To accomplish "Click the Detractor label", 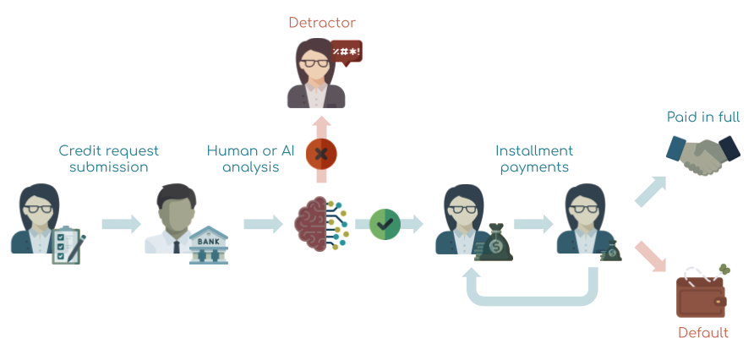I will coord(322,23).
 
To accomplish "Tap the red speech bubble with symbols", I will coord(347,54).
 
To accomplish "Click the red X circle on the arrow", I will coord(321,154).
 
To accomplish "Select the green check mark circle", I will coord(385,224).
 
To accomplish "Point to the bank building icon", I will coord(208,244).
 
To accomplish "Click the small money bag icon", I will coord(612,250).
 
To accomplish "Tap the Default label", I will coord(702,333).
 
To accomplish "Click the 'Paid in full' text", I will coord(702,117).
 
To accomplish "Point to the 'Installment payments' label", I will coord(534,159).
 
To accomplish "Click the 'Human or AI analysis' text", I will coord(251,159).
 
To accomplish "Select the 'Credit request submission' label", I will coord(108,159).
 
